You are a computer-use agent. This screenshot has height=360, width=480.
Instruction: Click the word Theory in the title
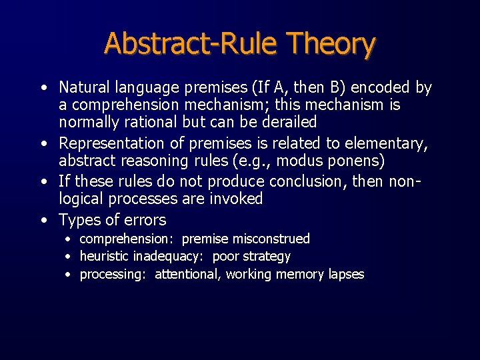(x=331, y=44)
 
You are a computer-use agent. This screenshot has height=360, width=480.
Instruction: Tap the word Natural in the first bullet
(x=83, y=87)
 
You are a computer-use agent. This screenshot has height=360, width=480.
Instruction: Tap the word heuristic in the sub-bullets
(x=104, y=257)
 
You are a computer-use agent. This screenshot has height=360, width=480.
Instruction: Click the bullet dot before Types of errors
(x=43, y=219)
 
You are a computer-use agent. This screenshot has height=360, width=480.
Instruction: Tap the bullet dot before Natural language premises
(x=43, y=87)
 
